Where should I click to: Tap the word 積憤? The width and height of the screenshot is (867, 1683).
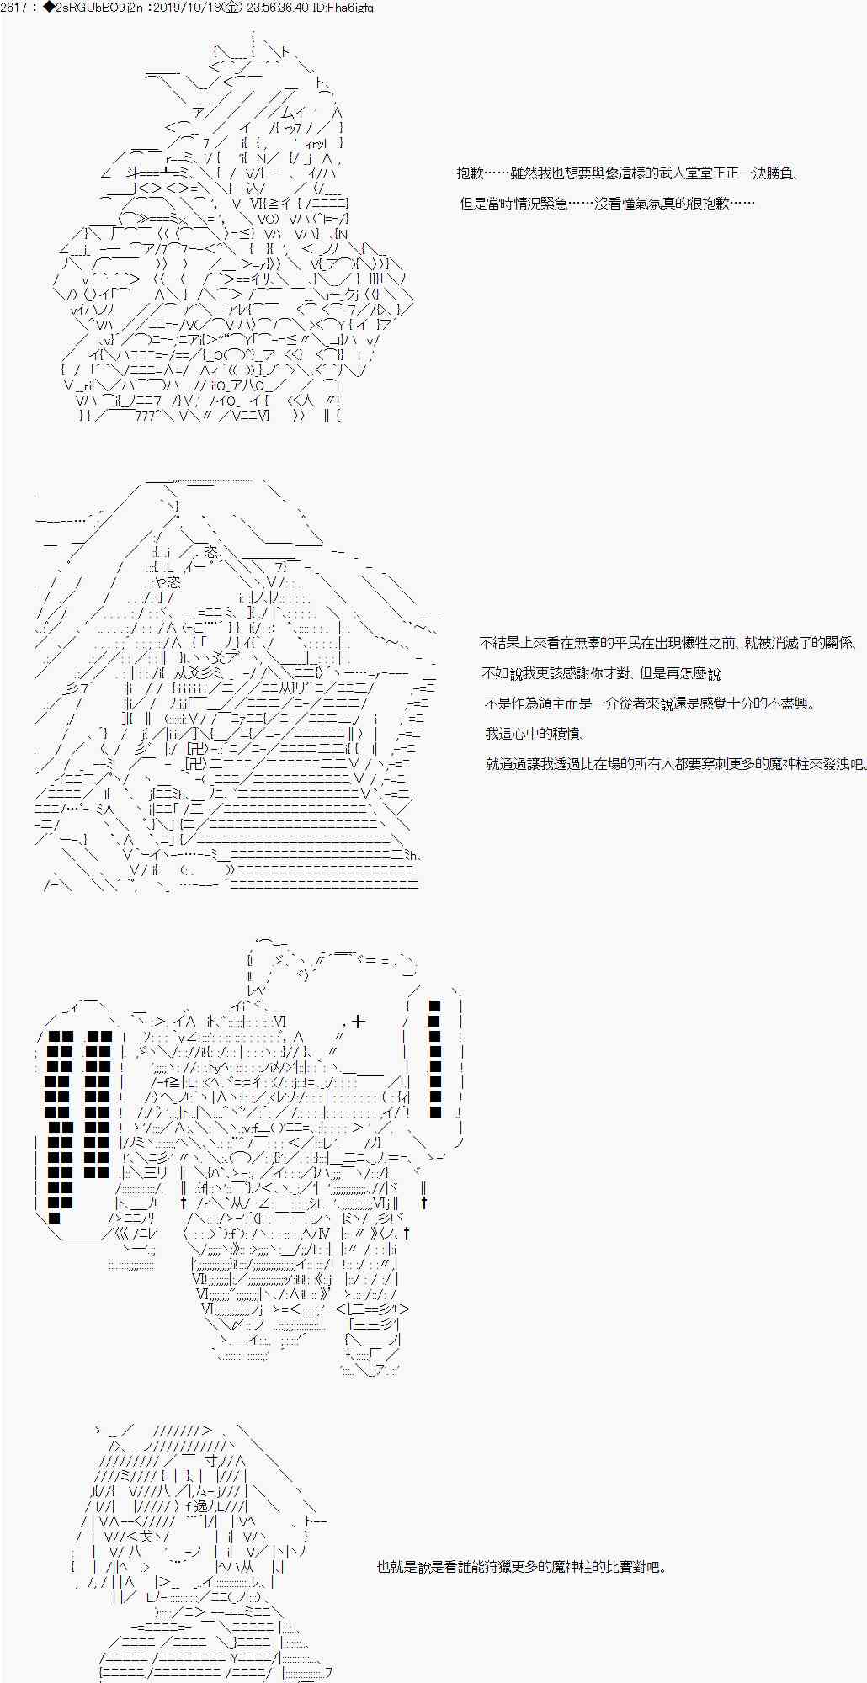point(567,734)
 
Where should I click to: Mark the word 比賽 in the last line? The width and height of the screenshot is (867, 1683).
point(611,1567)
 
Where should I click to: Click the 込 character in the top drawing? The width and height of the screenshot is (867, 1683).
point(250,188)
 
